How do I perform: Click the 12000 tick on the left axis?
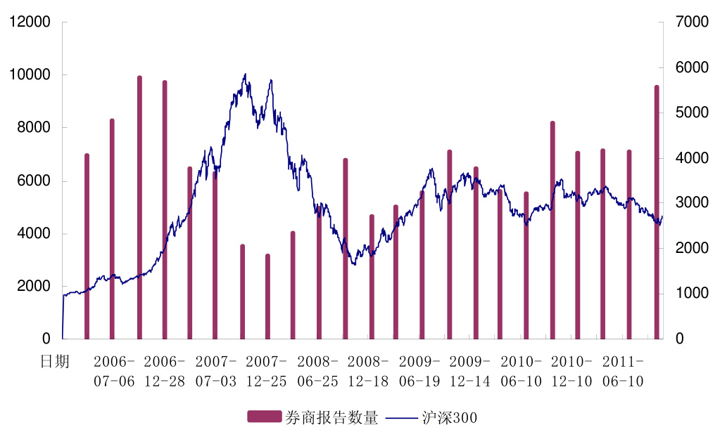coord(30,22)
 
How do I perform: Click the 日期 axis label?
coord(55,362)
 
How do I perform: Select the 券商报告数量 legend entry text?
coord(331,418)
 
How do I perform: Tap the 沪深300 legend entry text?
coord(450,418)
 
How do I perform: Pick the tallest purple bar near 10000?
coord(139,207)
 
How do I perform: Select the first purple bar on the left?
coord(87,246)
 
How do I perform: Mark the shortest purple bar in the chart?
coord(267,296)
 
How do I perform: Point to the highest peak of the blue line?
coord(245,74)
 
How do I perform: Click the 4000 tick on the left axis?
coord(35,233)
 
